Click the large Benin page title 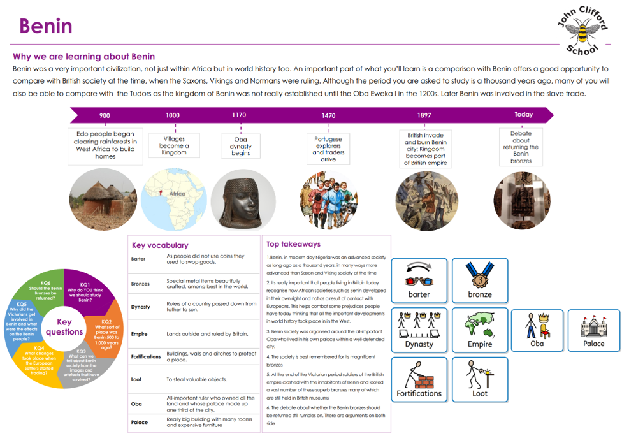tap(45, 26)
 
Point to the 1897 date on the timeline tap(424, 115)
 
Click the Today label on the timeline tap(523, 115)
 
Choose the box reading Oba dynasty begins tap(240, 146)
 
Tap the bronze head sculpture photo tap(243, 198)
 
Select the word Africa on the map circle tap(177, 194)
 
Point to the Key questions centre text tap(64, 327)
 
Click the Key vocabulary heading tap(159, 245)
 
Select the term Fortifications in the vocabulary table tap(145, 356)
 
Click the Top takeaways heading tap(293, 244)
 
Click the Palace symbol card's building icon tap(593, 326)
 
